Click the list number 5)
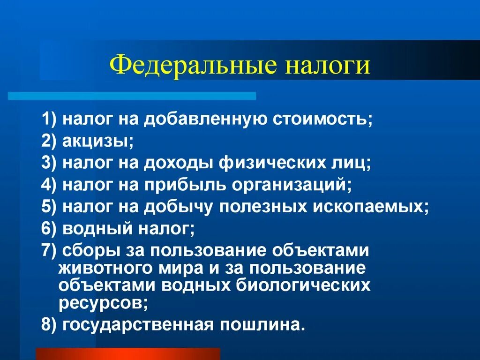coord(49,206)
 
